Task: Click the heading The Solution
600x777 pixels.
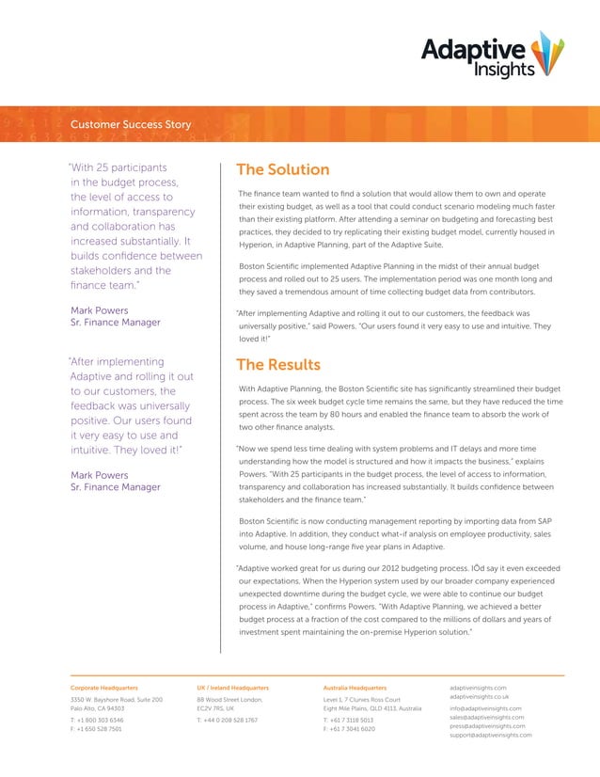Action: [x=282, y=170]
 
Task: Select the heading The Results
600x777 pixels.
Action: [x=277, y=365]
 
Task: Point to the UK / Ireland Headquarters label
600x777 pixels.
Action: [x=232, y=689]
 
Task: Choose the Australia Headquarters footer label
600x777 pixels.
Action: [x=355, y=689]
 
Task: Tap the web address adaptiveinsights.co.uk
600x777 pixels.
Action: [x=480, y=696]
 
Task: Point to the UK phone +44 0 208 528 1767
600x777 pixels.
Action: [x=229, y=720]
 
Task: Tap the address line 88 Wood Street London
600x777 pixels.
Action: [x=229, y=700]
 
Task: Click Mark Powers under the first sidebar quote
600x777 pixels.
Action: [x=100, y=309]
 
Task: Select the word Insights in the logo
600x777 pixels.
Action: [x=504, y=69]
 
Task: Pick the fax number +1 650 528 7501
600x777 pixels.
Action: [x=96, y=729]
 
